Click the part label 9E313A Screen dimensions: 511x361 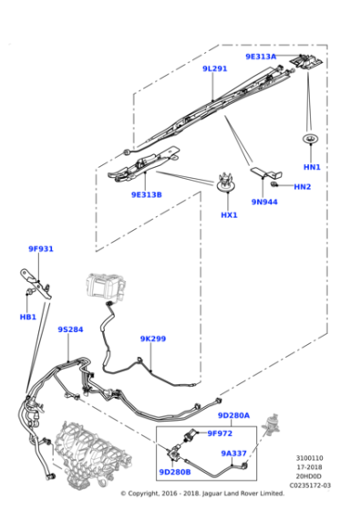[x=260, y=57]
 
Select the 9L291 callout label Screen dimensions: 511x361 [x=214, y=68]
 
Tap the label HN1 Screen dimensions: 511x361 [x=312, y=168]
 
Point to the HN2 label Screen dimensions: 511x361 [x=303, y=187]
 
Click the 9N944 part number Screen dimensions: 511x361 [x=264, y=202]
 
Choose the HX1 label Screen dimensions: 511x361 [x=229, y=215]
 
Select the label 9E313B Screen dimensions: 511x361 [x=146, y=194]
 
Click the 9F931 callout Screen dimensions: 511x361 [x=41, y=249]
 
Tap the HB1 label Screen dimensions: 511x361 [x=27, y=317]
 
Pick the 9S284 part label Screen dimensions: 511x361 [x=70, y=329]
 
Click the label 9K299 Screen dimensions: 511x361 [x=152, y=339]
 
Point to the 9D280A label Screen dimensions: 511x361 [x=234, y=415]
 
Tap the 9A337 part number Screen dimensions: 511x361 [x=234, y=453]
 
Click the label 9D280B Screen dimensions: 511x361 [x=174, y=472]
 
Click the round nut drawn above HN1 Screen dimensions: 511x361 [x=312, y=140]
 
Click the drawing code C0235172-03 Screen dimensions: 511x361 [x=311, y=485]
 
